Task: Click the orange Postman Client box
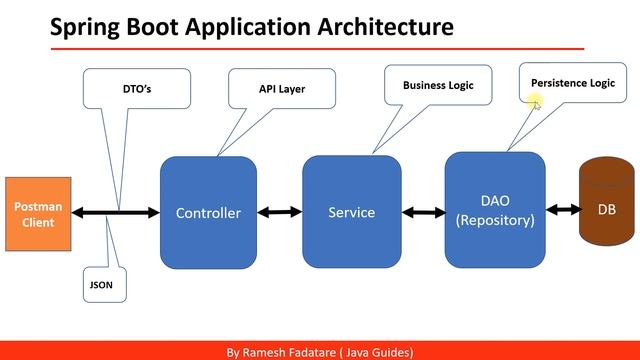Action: pyautogui.click(x=39, y=213)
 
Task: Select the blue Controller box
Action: pyautogui.click(x=208, y=212)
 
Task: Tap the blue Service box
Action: pyautogui.click(x=351, y=211)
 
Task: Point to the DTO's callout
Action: pyautogui.click(x=122, y=88)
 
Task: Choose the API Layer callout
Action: pyautogui.click(x=281, y=88)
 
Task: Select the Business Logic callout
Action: pyautogui.click(x=438, y=85)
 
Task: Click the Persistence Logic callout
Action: pyautogui.click(x=573, y=83)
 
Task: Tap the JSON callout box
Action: pyautogui.click(x=101, y=284)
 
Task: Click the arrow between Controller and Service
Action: pyautogui.click(x=280, y=212)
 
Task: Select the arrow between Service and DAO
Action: pyautogui.click(x=423, y=212)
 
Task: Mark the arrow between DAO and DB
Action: pyautogui.click(x=562, y=209)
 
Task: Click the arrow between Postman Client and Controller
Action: pyautogui.click(x=117, y=212)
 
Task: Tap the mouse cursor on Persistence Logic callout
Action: pyautogui.click(x=536, y=102)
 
